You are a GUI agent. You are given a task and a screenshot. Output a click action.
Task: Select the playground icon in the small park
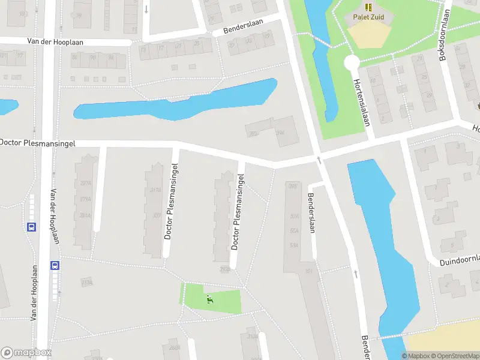tap(209, 299)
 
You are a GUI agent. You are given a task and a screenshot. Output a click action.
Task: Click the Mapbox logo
tap(26, 353)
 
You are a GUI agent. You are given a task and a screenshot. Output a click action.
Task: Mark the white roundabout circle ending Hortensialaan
tap(352, 62)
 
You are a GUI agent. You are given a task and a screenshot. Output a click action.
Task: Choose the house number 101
tap(309, 271)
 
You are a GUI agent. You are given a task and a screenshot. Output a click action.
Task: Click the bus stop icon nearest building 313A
tap(55, 265)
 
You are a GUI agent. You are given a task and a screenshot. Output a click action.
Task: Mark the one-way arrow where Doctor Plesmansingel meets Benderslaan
tap(319, 160)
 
